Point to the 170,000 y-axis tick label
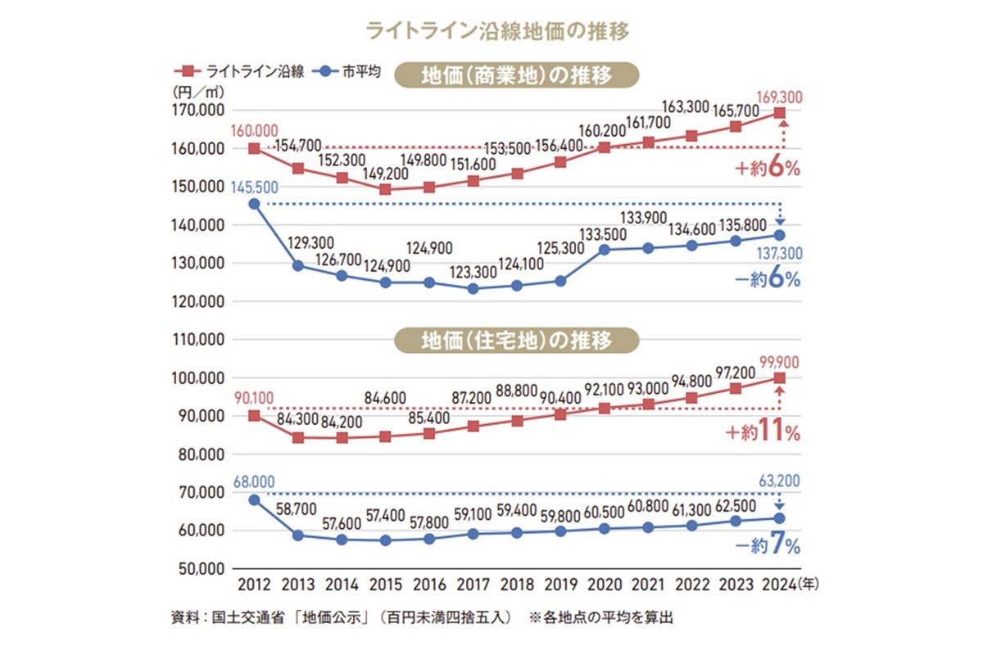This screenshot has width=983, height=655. pos(200,111)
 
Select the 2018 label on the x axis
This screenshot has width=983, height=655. pos(517,586)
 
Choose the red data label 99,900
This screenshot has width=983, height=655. pos(778,362)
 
